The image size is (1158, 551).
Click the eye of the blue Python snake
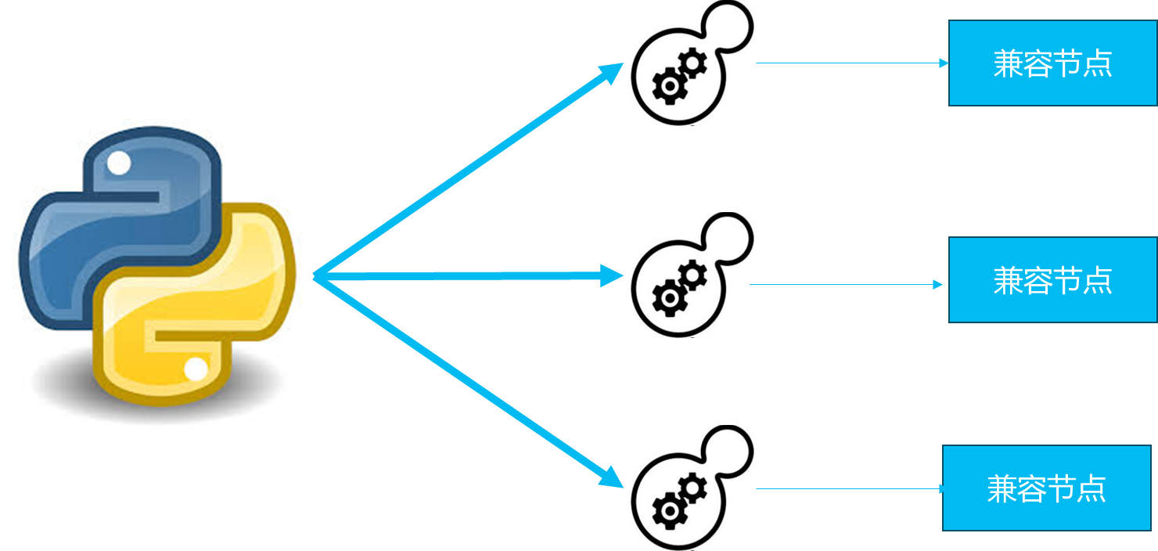(119, 164)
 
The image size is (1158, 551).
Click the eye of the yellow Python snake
(196, 369)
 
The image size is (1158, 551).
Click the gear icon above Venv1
(689, 63)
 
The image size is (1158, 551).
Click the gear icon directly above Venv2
(689, 275)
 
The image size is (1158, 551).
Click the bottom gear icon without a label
(689, 488)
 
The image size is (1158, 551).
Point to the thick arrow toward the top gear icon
(469, 168)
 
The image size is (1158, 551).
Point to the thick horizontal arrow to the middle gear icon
(469, 275)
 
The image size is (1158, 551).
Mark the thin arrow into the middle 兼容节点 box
(849, 285)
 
